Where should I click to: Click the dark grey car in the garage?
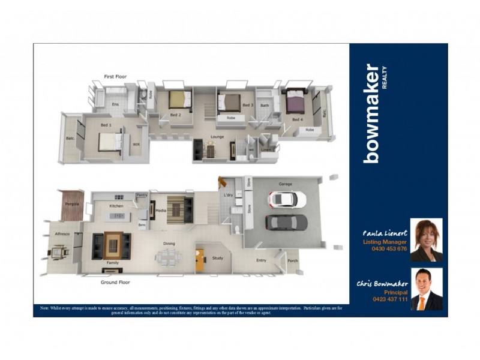287,222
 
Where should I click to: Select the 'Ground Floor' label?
115,281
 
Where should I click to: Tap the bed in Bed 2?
179,99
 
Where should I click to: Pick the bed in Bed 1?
110,142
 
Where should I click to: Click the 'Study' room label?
217,258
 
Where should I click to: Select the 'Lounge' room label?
217,137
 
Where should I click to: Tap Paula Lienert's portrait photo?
426,240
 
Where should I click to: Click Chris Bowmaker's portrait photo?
427,289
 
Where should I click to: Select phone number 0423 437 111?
390,299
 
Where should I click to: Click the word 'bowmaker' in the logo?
371,113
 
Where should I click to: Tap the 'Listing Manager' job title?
385,242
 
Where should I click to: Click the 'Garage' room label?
285,184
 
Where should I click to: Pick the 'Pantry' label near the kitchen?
142,195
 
